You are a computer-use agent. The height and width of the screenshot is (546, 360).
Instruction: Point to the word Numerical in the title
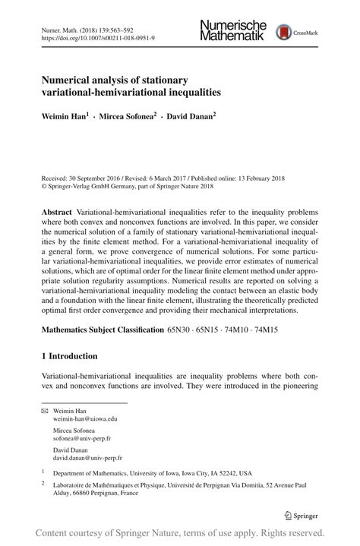point(71,79)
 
